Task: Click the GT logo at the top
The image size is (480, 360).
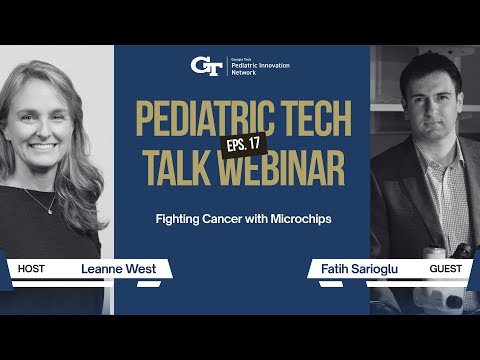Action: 206,66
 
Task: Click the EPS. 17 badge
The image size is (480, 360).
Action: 245,145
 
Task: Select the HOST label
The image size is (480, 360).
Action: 35,269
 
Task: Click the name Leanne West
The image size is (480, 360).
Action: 115,269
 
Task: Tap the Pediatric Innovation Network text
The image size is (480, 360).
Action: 263,67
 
